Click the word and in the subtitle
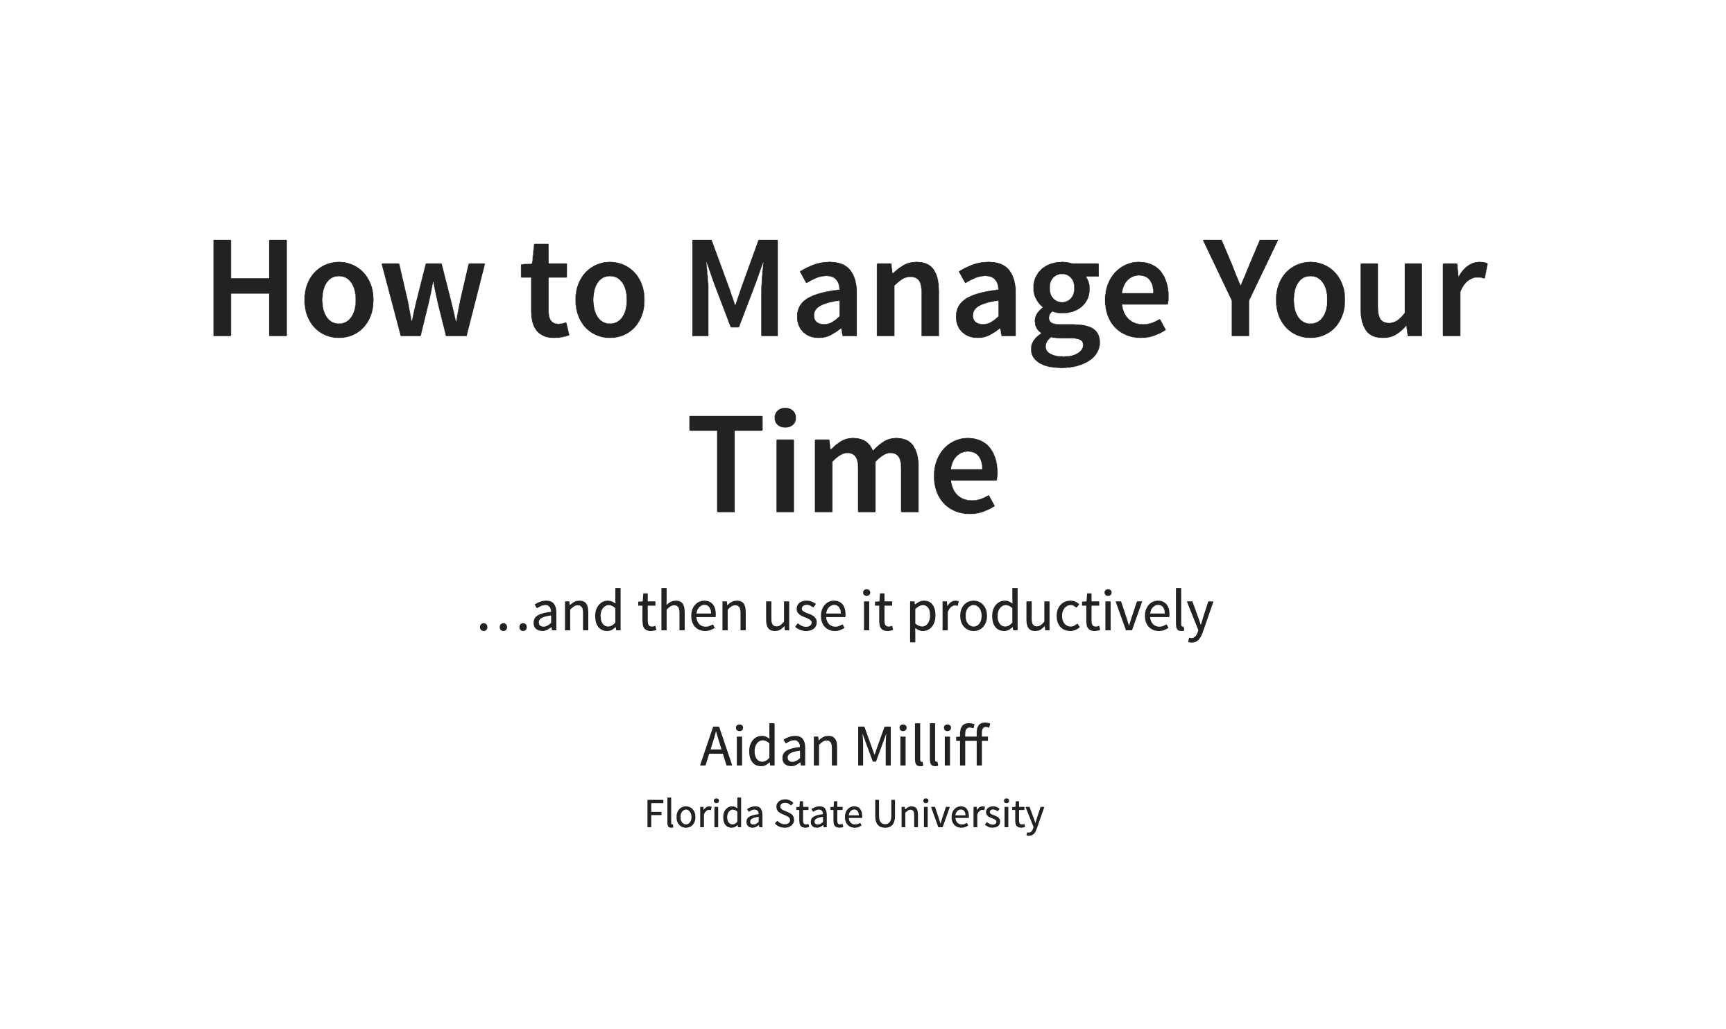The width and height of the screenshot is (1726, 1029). [577, 611]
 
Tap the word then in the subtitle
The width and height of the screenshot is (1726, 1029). [693, 611]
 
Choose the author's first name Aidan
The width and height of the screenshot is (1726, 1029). [770, 746]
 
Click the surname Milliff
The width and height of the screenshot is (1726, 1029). [922, 745]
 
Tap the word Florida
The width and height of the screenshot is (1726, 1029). [705, 813]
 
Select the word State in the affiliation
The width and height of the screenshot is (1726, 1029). [819, 813]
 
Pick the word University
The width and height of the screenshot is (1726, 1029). [959, 815]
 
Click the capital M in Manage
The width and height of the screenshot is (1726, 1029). [735, 288]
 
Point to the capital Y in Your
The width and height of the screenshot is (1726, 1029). [1240, 288]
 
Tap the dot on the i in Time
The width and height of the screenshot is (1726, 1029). [785, 419]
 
